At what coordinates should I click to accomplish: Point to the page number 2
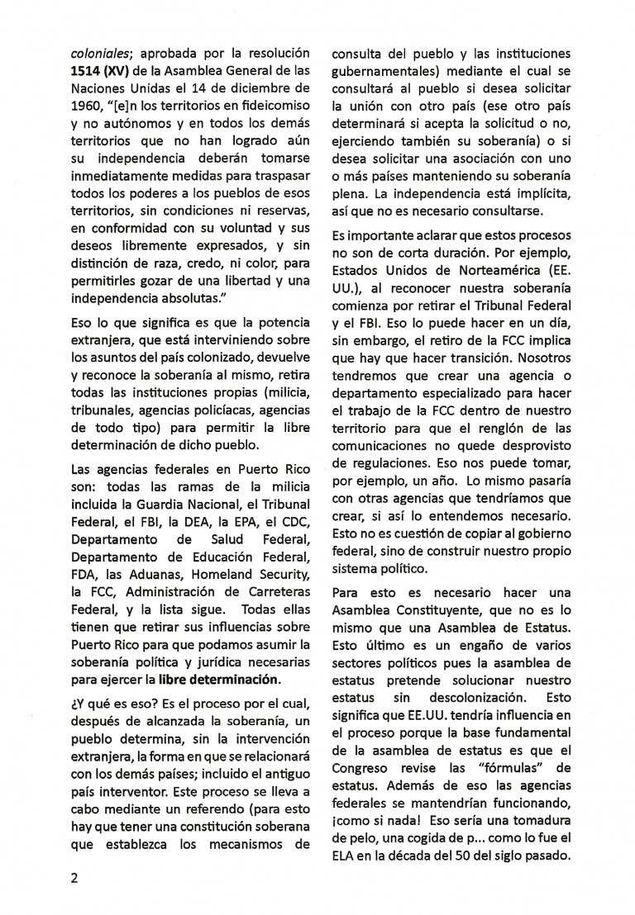(x=74, y=877)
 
